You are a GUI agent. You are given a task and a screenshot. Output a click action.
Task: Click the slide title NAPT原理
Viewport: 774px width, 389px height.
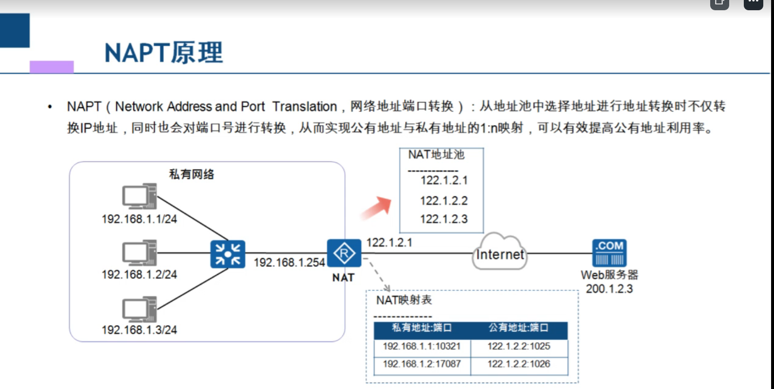coord(164,53)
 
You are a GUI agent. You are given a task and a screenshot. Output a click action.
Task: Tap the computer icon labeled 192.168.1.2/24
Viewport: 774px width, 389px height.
coord(139,253)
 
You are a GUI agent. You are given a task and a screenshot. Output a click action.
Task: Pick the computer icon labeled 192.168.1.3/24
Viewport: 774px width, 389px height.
coord(139,309)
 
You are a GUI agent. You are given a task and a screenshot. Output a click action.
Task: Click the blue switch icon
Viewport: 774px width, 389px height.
coord(227,254)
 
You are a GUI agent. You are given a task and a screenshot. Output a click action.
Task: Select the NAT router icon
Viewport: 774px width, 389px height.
coord(344,253)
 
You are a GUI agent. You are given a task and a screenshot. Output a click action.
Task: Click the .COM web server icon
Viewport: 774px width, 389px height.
coord(609,253)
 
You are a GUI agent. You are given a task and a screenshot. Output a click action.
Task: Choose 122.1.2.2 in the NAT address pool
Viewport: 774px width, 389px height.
coord(444,201)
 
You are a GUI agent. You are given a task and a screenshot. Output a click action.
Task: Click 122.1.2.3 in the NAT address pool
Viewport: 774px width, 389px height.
coord(444,219)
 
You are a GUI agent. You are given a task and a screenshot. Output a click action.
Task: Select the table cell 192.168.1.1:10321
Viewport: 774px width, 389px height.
coord(421,346)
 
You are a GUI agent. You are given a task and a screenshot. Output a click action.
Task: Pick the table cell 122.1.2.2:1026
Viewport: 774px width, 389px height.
coord(519,364)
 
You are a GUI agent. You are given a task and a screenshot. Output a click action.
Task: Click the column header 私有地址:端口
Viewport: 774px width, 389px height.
coord(422,328)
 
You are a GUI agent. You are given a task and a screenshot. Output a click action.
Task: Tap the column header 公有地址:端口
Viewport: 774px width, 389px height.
coord(519,328)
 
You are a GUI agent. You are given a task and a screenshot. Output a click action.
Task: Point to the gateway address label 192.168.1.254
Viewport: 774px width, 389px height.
coord(289,262)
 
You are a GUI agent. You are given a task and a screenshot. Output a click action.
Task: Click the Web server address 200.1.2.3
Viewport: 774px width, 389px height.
coord(609,289)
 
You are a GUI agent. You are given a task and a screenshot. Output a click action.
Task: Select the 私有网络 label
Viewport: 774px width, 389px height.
coord(191,174)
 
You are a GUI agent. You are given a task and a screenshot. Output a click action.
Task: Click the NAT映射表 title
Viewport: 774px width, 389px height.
coord(404,300)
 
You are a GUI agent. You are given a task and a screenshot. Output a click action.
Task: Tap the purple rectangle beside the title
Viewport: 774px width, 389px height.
coord(52,67)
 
